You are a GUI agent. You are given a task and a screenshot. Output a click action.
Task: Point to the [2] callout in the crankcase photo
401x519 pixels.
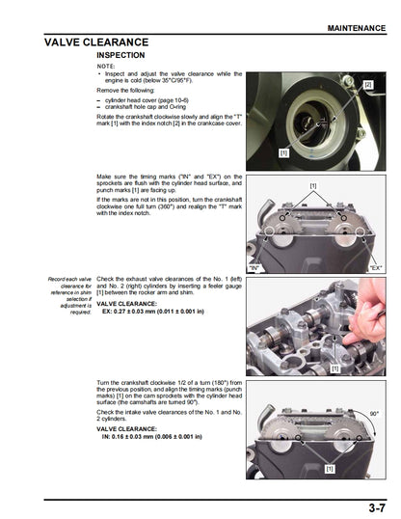(367, 85)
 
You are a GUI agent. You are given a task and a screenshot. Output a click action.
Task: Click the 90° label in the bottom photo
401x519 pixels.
(374, 415)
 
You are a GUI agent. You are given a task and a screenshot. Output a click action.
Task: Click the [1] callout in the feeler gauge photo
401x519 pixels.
(334, 369)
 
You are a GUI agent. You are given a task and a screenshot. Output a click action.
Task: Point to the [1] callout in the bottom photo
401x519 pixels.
(329, 468)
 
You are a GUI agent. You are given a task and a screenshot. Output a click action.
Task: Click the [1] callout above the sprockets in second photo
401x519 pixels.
(312, 184)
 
